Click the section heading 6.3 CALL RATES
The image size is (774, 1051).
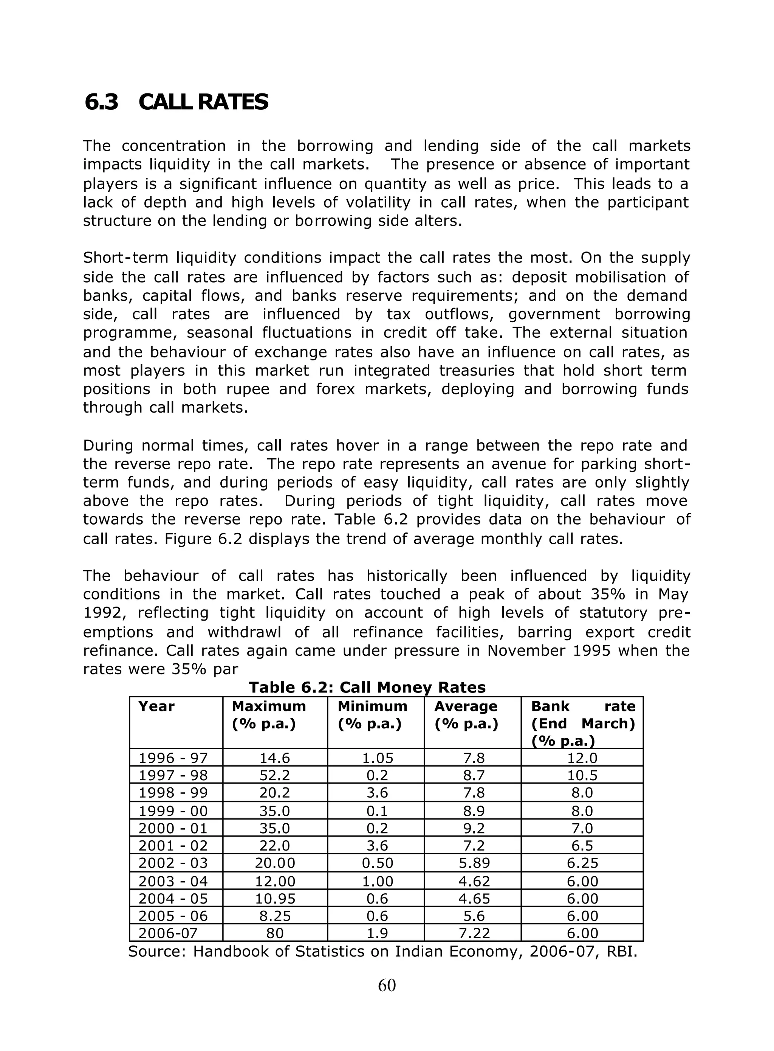(176, 102)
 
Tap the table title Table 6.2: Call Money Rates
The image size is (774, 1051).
(367, 687)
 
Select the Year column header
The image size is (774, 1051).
(156, 706)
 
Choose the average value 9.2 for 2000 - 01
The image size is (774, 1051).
(473, 828)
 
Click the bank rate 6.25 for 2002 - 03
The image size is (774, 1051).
(582, 863)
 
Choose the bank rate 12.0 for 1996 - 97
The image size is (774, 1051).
(582, 758)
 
